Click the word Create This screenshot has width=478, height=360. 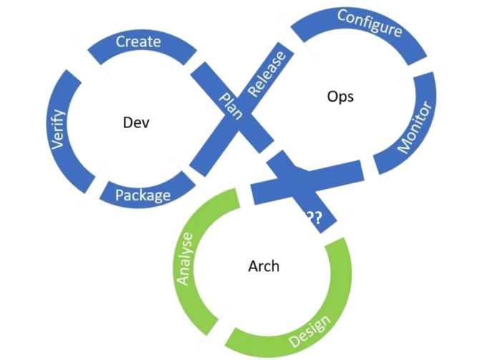138,42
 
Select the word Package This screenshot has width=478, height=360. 143,195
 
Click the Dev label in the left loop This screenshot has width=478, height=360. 136,122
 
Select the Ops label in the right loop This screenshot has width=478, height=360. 340,96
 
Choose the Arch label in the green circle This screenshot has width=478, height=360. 263,267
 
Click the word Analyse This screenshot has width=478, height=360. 185,258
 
